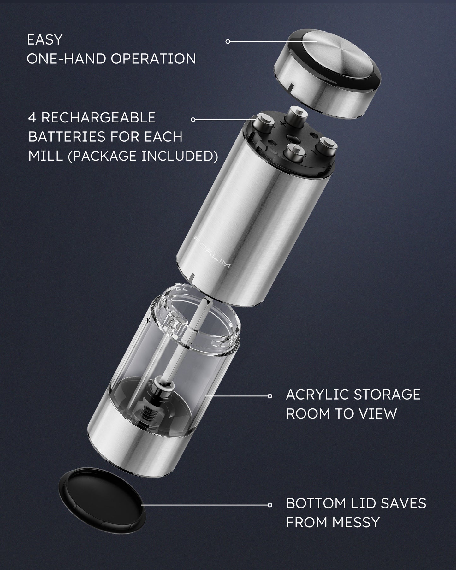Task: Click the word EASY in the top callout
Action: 44,40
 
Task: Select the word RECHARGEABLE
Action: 98,117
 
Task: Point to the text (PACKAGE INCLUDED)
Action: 143,156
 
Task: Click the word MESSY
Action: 355,522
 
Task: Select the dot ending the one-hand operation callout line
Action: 228,41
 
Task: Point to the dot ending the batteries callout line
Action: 193,120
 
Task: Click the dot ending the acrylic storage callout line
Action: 270,396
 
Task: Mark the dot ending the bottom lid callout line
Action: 270,505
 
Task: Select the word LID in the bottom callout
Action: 368,503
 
